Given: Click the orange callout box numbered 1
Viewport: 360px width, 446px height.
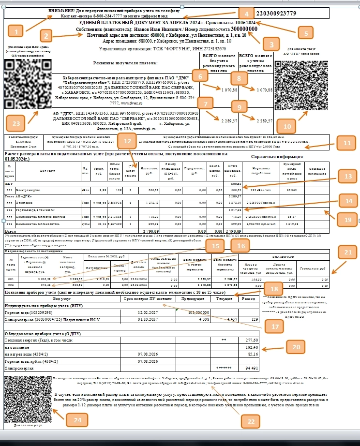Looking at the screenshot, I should (x=17, y=32).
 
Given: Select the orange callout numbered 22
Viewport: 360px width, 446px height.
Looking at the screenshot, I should (x=250, y=422).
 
